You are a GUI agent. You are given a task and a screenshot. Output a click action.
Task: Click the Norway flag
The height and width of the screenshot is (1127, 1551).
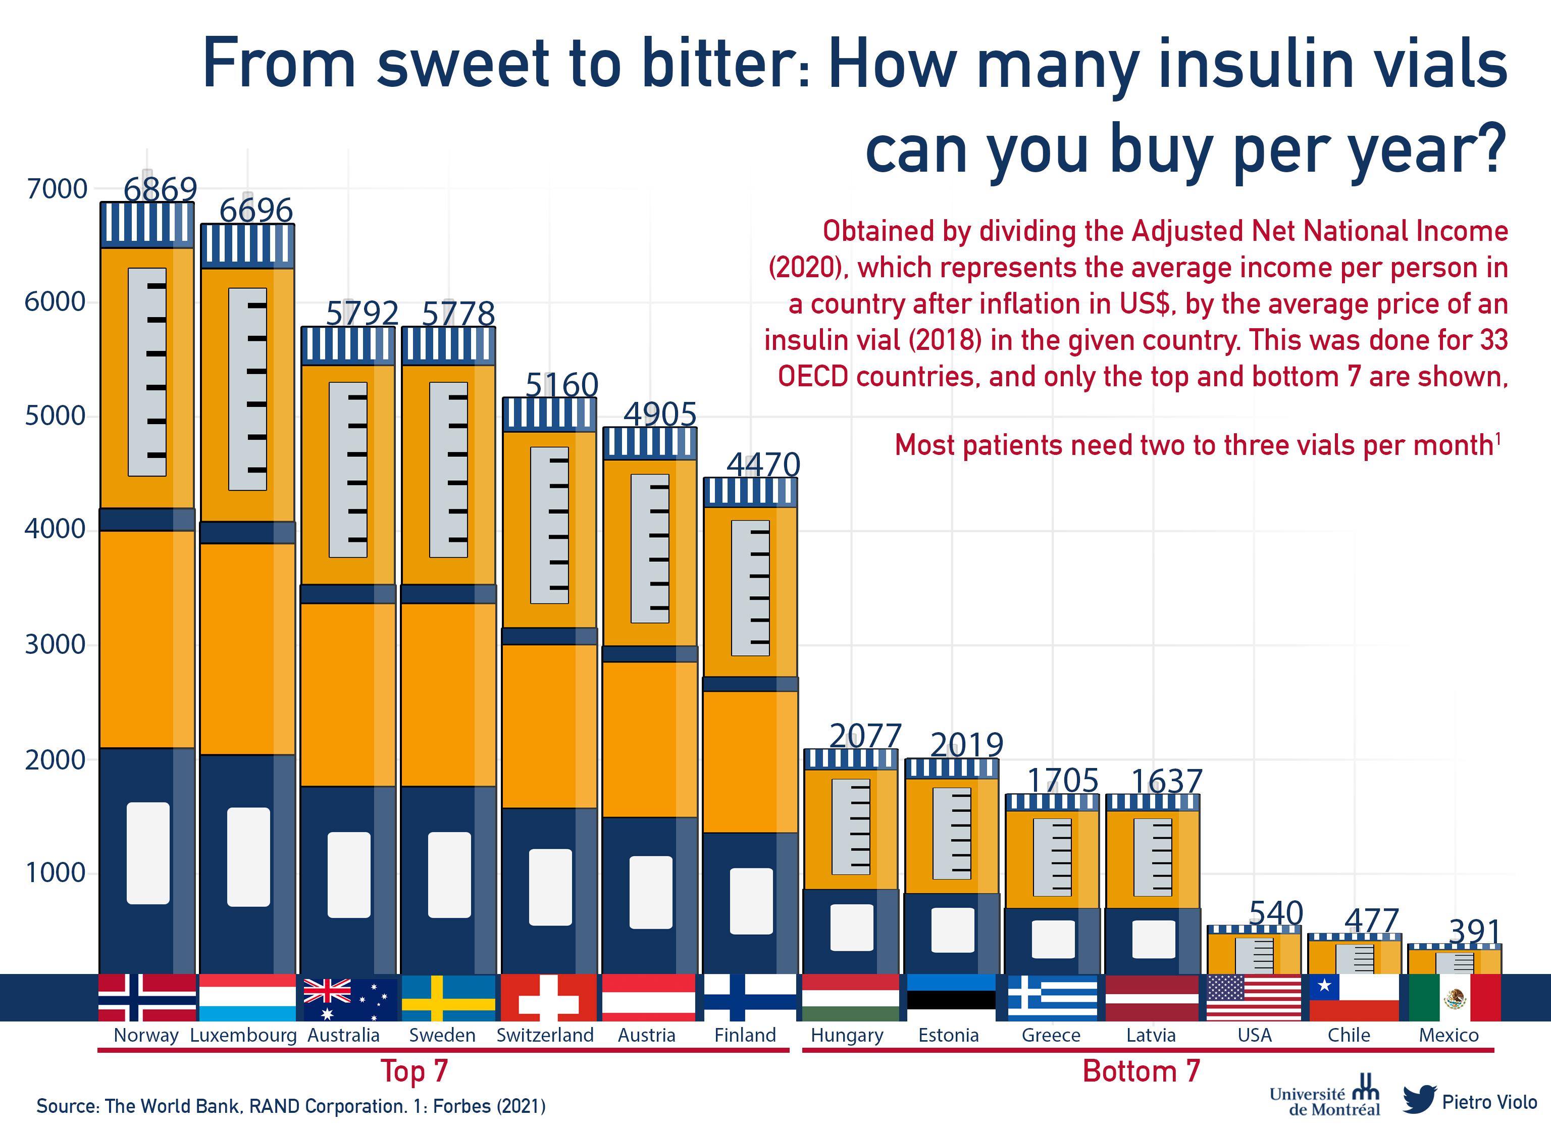pyautogui.click(x=147, y=998)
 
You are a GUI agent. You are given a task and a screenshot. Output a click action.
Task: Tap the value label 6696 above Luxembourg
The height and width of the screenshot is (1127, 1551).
pyautogui.click(x=256, y=211)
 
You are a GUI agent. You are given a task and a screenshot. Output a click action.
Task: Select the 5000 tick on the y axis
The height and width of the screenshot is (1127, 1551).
pyautogui.click(x=56, y=416)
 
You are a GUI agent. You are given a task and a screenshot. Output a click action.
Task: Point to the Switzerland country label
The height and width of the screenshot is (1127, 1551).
pyautogui.click(x=545, y=1036)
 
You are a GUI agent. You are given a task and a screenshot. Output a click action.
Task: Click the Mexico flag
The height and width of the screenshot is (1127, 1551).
pyautogui.click(x=1455, y=998)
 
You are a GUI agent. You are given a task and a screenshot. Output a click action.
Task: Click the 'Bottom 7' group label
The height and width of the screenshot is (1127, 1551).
pyautogui.click(x=1142, y=1071)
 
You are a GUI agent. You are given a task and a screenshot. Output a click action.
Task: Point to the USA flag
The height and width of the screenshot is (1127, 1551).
pyautogui.click(x=1254, y=998)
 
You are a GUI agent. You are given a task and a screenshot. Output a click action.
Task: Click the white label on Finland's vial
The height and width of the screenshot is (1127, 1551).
pyautogui.click(x=751, y=901)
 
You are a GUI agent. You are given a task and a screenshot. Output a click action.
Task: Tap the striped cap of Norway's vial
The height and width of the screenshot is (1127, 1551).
pyautogui.click(x=147, y=224)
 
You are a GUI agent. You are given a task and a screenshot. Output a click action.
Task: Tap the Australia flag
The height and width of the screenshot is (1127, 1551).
pyautogui.click(x=349, y=998)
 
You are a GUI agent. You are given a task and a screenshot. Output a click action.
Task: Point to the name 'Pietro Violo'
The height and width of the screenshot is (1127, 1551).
pyautogui.click(x=1489, y=1102)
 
